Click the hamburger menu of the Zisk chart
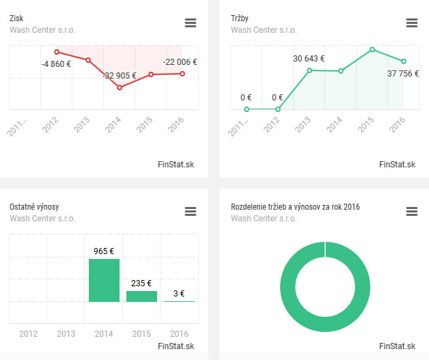pyautogui.click(x=191, y=23)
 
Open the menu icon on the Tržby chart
pyautogui.click(x=412, y=23)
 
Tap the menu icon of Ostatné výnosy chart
pyautogui.click(x=191, y=212)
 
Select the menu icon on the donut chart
pyautogui.click(x=412, y=212)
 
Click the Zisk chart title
pyautogui.click(x=16, y=18)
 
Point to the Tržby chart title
pyautogui.click(x=240, y=18)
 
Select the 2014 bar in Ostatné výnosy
pyautogui.click(x=104, y=280)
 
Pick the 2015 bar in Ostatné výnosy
pyautogui.click(x=141, y=296)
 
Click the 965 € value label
pyautogui.click(x=104, y=251)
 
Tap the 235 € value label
pyautogui.click(x=141, y=283)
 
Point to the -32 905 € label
pyautogui.click(x=120, y=76)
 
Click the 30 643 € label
pyautogui.click(x=309, y=59)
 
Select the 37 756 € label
pyautogui.click(x=403, y=74)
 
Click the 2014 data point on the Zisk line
pyautogui.click(x=120, y=87)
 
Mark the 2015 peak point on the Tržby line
pyautogui.click(x=372, y=49)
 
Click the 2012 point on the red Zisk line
pyautogui.click(x=57, y=52)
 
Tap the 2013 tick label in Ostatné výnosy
pyautogui.click(x=66, y=334)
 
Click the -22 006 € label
pyautogui.click(x=180, y=62)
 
